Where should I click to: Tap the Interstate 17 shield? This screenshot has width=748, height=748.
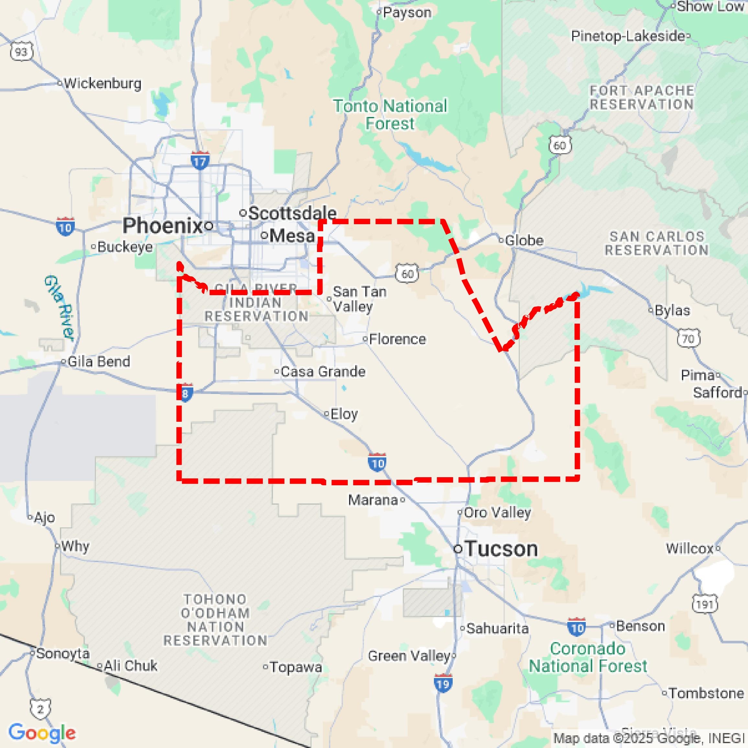pyautogui.click(x=200, y=161)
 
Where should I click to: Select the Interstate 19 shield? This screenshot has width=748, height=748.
pyautogui.click(x=443, y=684)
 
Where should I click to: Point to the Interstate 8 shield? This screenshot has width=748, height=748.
pyautogui.click(x=186, y=394)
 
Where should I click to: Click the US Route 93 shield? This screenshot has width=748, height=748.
pyautogui.click(x=21, y=52)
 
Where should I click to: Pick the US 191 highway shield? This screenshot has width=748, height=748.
pyautogui.click(x=705, y=604)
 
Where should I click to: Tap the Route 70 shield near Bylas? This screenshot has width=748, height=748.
pyautogui.click(x=688, y=339)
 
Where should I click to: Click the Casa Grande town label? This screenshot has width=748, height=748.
pyautogui.click(x=323, y=372)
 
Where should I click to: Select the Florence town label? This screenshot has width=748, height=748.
pyautogui.click(x=397, y=339)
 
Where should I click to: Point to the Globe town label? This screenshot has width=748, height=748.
pyautogui.click(x=524, y=241)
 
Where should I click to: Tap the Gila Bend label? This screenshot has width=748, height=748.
pyautogui.click(x=98, y=362)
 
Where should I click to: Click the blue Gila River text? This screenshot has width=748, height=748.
pyautogui.click(x=59, y=308)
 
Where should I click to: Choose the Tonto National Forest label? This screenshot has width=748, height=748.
pyautogui.click(x=390, y=115)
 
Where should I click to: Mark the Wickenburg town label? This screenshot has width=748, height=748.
pyautogui.click(x=102, y=83)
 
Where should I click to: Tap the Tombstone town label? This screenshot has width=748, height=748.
pyautogui.click(x=706, y=693)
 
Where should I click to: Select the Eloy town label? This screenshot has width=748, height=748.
pyautogui.click(x=344, y=414)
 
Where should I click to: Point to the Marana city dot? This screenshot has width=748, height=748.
pyautogui.click(x=402, y=500)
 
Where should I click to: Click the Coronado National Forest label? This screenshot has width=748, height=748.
pyautogui.click(x=588, y=657)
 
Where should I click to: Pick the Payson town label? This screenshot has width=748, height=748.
pyautogui.click(x=407, y=13)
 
